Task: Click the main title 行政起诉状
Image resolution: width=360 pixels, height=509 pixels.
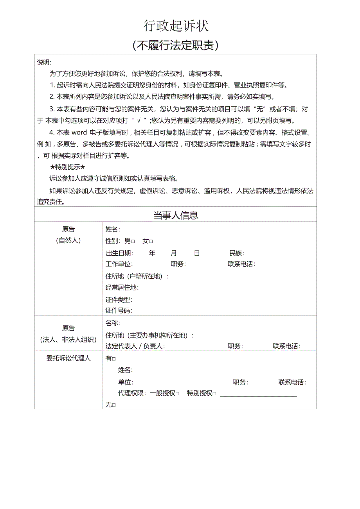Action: tap(176, 26)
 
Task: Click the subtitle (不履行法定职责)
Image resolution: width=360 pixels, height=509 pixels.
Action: tap(176, 45)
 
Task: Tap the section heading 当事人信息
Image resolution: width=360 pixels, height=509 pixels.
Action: tap(175, 215)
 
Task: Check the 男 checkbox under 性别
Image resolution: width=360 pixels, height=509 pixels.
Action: tap(133, 242)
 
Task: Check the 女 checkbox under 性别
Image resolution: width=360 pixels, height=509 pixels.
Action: tap(151, 242)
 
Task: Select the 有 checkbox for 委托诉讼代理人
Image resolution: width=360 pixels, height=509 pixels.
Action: tap(114, 359)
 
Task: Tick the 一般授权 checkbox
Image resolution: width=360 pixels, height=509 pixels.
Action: tap(177, 394)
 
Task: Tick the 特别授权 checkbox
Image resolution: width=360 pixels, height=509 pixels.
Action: tap(214, 394)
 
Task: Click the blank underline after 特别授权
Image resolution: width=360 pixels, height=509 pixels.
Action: tap(258, 395)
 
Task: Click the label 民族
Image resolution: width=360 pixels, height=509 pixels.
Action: tap(236, 253)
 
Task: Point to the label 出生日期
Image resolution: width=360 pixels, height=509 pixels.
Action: tap(119, 253)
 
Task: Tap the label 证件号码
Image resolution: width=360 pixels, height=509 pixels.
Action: tap(119, 311)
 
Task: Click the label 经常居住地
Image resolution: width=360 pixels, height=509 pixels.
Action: tap(122, 288)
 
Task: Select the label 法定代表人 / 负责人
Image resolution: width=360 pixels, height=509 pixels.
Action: tap(135, 346)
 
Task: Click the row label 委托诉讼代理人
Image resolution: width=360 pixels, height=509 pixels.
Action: tap(68, 358)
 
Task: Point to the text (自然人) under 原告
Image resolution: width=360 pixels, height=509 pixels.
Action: tap(68, 240)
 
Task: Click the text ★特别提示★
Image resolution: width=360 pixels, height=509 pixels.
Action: tap(68, 167)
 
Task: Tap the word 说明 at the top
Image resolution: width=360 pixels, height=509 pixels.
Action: tap(44, 63)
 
